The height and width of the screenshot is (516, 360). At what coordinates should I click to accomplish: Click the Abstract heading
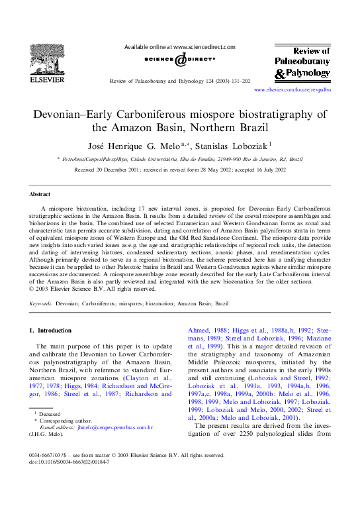(40, 194)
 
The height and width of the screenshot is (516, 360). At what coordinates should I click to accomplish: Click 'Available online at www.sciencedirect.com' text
(180, 48)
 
